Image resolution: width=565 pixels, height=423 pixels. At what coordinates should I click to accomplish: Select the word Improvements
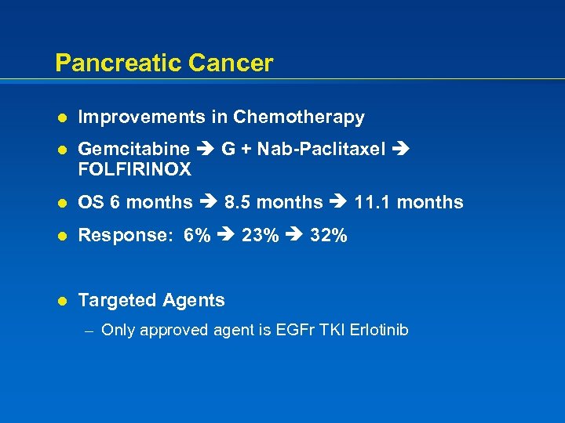click(142, 117)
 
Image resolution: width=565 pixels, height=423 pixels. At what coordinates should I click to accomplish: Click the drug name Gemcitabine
click(134, 149)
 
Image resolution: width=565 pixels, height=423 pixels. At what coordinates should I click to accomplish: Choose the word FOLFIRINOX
click(134, 169)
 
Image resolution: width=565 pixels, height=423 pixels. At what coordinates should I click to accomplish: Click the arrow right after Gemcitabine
click(206, 149)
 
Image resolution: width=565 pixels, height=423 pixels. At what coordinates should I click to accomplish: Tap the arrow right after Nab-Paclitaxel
click(402, 149)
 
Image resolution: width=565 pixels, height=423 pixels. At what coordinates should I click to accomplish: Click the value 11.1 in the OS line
click(368, 203)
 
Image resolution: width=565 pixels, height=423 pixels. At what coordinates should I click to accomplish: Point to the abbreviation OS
click(91, 203)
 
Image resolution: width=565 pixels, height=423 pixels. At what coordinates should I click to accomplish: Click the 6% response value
click(196, 236)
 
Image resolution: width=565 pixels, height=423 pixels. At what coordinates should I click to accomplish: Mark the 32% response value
click(329, 236)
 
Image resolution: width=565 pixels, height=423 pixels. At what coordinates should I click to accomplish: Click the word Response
click(125, 236)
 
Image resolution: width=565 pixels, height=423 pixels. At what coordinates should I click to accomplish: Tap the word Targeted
click(117, 301)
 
